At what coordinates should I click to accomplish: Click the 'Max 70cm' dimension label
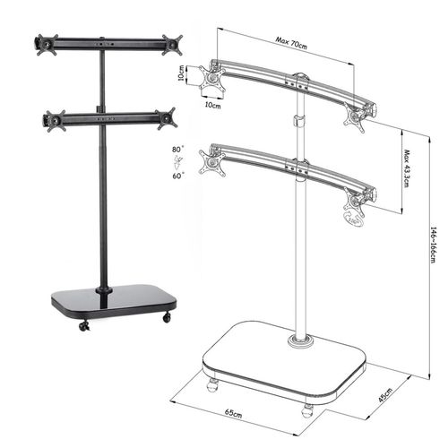click(x=291, y=43)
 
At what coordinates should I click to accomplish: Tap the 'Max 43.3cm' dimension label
click(x=407, y=168)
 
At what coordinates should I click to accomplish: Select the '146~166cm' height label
click(x=434, y=245)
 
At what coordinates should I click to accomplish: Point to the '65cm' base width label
click(x=234, y=413)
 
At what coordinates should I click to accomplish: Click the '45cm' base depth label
click(x=385, y=395)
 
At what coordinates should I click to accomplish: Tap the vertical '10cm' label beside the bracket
click(x=181, y=73)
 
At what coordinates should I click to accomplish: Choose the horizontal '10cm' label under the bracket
click(x=212, y=105)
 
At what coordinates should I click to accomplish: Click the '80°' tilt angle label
click(x=178, y=149)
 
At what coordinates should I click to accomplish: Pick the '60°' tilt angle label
click(x=178, y=176)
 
